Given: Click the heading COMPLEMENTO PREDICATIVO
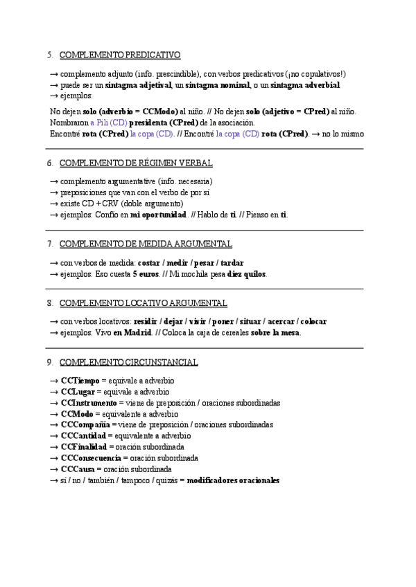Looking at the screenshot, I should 120,55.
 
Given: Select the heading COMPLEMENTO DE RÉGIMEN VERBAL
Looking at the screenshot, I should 136,163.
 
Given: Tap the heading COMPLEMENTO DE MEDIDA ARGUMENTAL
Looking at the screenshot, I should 146,244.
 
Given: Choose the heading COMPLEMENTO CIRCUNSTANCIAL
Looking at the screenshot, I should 128,362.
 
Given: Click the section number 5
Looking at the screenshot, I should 50,55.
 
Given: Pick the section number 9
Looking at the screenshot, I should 50,362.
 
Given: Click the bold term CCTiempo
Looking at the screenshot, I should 80,381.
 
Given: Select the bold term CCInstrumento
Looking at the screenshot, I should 89,403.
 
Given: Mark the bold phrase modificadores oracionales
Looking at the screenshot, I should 234,480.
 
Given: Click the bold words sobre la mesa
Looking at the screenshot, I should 276,333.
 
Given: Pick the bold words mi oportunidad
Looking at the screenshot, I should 159,215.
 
